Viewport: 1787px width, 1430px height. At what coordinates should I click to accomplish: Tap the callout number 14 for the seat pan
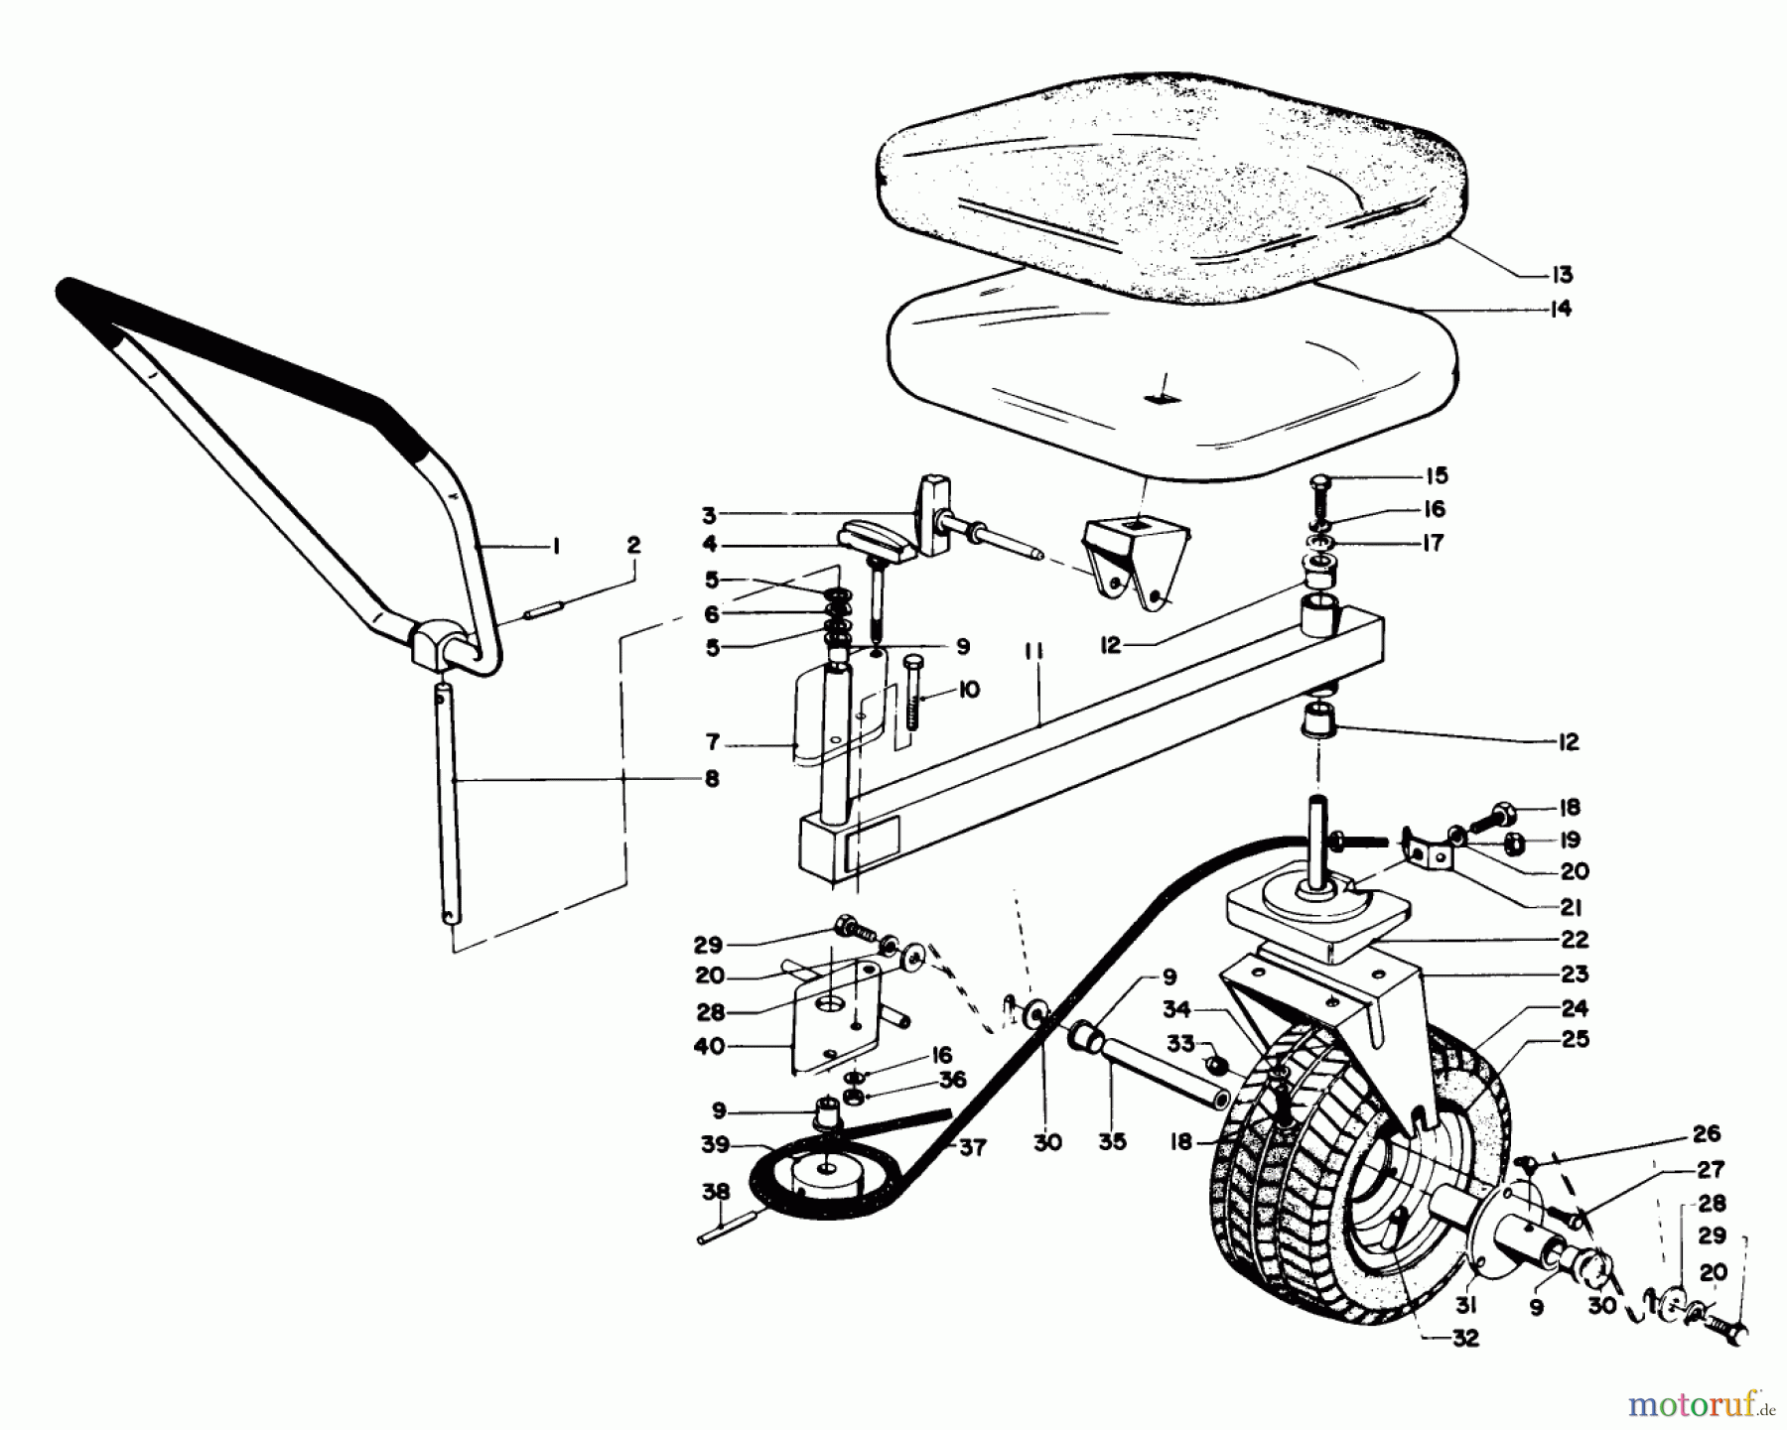[1562, 309]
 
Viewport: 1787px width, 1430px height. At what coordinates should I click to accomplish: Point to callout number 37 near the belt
[973, 1148]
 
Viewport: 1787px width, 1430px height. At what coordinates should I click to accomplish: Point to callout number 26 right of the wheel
[1706, 1134]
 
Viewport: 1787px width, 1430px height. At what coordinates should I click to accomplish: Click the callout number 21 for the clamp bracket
[1570, 907]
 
